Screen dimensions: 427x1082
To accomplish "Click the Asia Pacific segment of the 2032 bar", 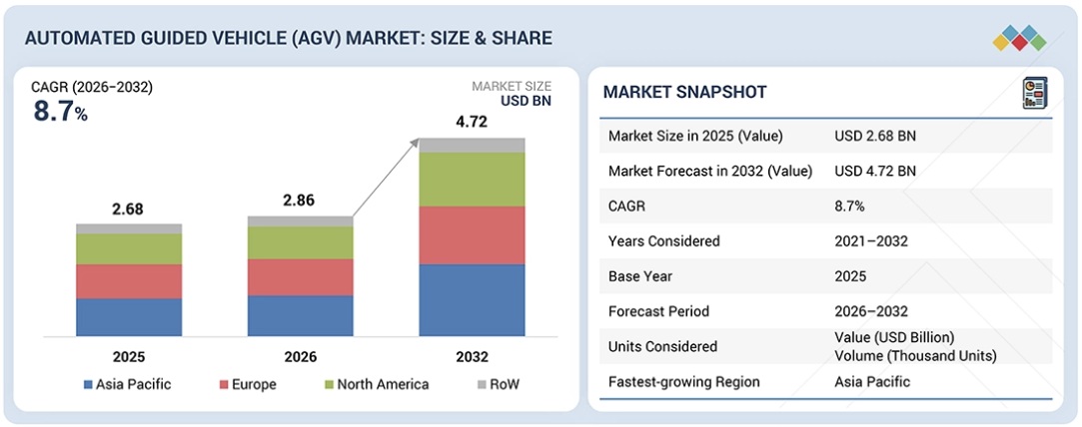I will click(x=472, y=299).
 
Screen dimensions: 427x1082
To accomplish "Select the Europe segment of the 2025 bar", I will click(x=129, y=281).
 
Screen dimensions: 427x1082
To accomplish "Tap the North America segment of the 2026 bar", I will click(x=300, y=242).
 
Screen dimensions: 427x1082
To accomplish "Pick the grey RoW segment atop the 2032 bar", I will click(x=472, y=145).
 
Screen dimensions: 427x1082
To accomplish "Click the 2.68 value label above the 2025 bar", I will click(x=129, y=210).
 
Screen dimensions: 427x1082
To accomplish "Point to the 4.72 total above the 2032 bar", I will click(x=472, y=123).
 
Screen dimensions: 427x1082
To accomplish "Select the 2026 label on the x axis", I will click(x=300, y=356).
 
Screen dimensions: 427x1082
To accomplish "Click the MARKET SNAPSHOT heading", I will click(x=685, y=93).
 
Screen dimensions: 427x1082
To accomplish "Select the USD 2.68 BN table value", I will click(x=875, y=136).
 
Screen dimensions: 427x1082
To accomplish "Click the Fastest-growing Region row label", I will click(x=683, y=381).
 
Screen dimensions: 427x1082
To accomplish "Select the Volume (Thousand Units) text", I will click(x=915, y=355).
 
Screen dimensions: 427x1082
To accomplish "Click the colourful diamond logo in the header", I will click(x=1019, y=38).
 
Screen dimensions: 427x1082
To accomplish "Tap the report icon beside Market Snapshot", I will click(x=1032, y=94).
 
